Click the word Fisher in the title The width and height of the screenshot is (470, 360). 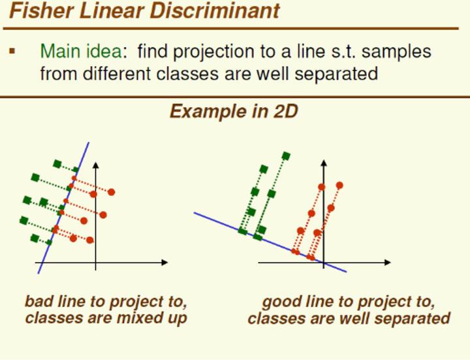tap(42, 11)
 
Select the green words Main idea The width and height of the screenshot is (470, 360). tap(81, 51)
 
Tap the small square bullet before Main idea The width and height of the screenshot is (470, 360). tap(12, 51)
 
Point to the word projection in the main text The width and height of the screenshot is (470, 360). tap(213, 52)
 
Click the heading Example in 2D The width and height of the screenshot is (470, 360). tap(234, 112)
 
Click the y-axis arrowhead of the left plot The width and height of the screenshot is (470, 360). tap(95, 165)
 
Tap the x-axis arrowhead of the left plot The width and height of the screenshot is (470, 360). tap(164, 263)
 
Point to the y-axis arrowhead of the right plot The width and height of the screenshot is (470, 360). tap(324, 163)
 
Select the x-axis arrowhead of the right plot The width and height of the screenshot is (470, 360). tap(388, 263)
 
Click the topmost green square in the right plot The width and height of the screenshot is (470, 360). tap(286, 156)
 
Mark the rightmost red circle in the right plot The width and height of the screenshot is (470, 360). tap(339, 186)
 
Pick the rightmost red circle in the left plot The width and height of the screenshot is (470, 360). tap(111, 192)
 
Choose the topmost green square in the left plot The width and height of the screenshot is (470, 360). tap(57, 164)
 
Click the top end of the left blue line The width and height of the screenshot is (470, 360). tap(89, 142)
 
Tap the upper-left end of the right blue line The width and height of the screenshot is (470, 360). tap(195, 213)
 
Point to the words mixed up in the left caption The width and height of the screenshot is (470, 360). tap(152, 318)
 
